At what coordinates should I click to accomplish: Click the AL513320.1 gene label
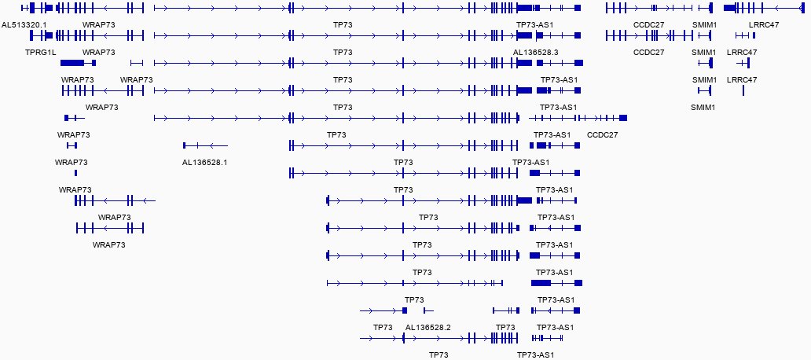[24, 24]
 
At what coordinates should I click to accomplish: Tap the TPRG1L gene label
[41, 52]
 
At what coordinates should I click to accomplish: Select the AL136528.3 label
[536, 52]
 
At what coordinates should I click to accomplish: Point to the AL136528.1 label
[204, 162]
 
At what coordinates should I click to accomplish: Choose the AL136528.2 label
[428, 327]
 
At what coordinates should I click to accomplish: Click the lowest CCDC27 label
[603, 134]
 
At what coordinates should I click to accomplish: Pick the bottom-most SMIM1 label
[703, 107]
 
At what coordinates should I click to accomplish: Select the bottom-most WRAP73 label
[109, 244]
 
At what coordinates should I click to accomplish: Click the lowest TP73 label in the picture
[439, 354]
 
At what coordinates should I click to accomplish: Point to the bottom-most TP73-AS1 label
[536, 354]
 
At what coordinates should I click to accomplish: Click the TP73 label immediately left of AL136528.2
[383, 327]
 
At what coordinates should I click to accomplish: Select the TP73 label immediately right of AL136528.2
[505, 327]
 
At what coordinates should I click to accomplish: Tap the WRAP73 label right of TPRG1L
[99, 52]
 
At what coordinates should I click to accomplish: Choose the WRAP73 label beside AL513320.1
[99, 24]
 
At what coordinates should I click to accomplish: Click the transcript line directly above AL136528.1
[205, 145]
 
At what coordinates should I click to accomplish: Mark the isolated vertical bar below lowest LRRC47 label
[743, 90]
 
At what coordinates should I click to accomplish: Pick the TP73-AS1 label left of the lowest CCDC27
[552, 134]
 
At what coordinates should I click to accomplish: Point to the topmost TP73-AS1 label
[535, 24]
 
